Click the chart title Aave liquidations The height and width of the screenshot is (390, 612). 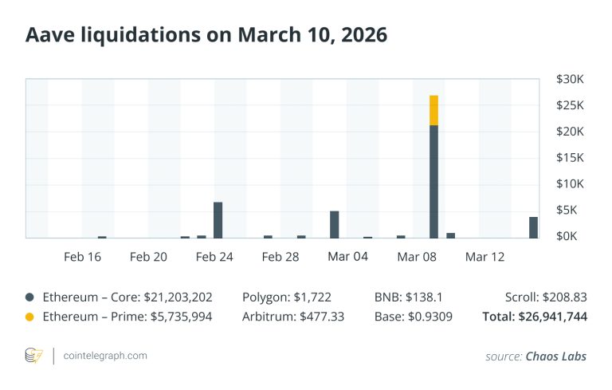click(206, 36)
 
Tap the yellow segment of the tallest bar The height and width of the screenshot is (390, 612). click(433, 110)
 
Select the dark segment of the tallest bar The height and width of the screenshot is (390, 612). click(433, 181)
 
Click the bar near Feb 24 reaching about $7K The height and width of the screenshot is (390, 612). click(218, 220)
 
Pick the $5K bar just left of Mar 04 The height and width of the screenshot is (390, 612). click(335, 224)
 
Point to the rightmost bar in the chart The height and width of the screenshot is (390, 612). click(533, 227)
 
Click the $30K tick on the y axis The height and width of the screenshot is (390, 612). click(571, 80)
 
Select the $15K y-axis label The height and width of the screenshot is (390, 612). click(571, 158)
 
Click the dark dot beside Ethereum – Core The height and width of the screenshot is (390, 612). click(29, 297)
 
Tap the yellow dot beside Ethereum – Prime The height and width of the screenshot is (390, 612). click(29, 317)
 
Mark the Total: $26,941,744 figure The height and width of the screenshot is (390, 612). click(535, 317)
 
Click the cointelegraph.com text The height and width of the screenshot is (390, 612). click(104, 356)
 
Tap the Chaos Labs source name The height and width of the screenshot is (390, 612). click(555, 357)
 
